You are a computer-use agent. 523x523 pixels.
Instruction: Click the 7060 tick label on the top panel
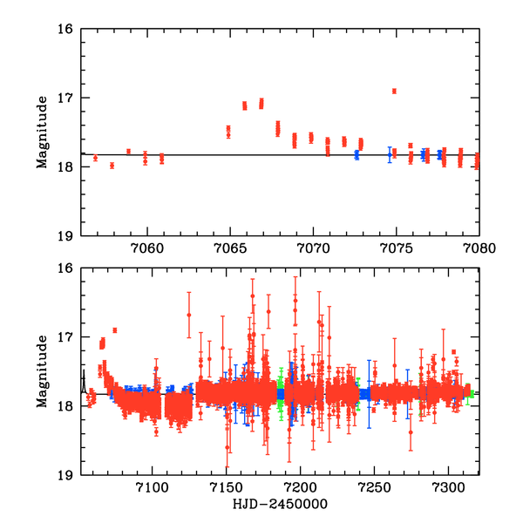point(146,248)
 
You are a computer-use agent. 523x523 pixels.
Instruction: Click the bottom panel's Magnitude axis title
point(41,372)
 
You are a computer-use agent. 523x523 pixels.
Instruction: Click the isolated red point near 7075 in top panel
point(394,91)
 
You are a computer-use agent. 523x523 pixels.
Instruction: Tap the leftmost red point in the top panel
point(95,158)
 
